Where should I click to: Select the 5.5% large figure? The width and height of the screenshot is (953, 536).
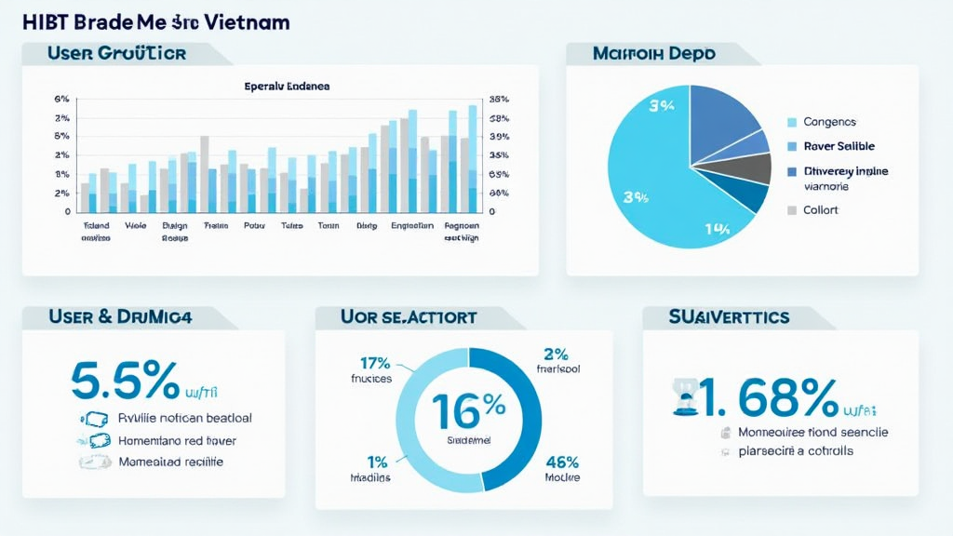pos(125,382)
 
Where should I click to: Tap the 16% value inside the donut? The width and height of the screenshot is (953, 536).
pos(468,406)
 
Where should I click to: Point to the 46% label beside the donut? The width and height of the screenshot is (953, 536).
pos(561,462)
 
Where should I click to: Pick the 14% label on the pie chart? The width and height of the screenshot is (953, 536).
pos(717,229)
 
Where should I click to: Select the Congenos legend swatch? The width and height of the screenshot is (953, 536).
pos(792,122)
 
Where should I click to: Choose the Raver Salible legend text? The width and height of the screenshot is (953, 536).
pos(838,146)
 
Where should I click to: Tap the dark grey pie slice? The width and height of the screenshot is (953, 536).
pos(745,168)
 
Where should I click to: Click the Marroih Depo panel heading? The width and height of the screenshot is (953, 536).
pos(653,54)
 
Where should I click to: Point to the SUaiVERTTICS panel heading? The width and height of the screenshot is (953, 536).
pos(729,317)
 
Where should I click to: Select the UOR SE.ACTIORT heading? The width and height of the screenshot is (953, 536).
pos(409,317)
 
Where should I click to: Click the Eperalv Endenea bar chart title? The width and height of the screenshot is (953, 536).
pos(287,86)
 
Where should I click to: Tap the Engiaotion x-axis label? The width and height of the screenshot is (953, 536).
pos(412,225)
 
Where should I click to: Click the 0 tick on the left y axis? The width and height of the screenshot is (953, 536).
pos(67,211)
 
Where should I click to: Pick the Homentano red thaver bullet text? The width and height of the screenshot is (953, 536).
pos(177,440)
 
